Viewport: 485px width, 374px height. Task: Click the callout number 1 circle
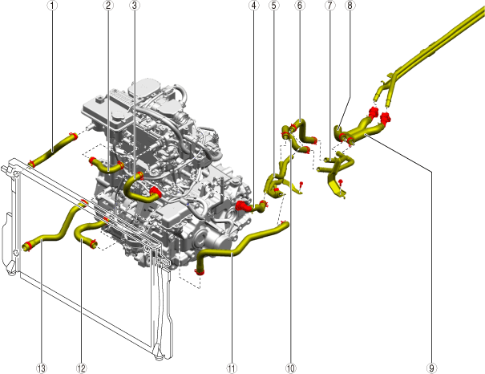click(x=52, y=5)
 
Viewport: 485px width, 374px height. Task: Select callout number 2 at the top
click(x=108, y=5)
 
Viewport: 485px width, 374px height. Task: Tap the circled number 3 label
click(x=134, y=5)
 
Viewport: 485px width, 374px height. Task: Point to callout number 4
click(x=254, y=5)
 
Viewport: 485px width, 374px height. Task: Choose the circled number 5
click(x=274, y=5)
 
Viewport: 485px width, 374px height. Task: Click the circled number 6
click(x=300, y=5)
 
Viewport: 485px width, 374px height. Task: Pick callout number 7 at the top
click(x=330, y=5)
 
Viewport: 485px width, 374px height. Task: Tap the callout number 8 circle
click(x=350, y=5)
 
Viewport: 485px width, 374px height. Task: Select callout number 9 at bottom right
click(x=431, y=368)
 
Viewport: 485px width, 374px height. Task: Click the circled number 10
click(x=291, y=368)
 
